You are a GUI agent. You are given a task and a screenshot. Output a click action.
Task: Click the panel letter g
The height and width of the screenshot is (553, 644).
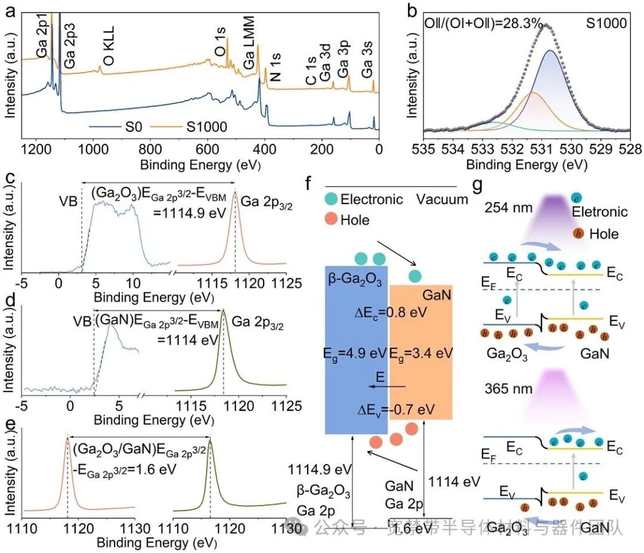pos(478,185)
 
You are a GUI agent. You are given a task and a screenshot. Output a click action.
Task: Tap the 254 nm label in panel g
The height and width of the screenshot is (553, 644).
pos(504,208)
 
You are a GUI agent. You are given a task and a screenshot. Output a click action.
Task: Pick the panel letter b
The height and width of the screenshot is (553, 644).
pos(411,10)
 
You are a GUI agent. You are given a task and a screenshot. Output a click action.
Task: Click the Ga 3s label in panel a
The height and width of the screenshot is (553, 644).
pos(367,68)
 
